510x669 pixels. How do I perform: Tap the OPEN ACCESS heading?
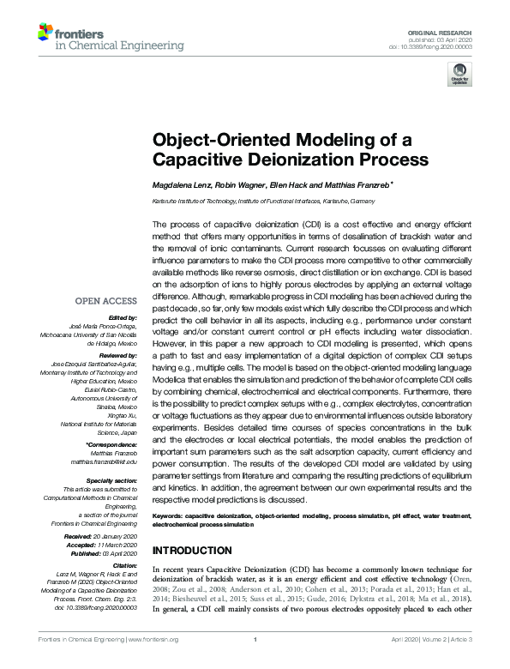(x=106, y=301)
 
